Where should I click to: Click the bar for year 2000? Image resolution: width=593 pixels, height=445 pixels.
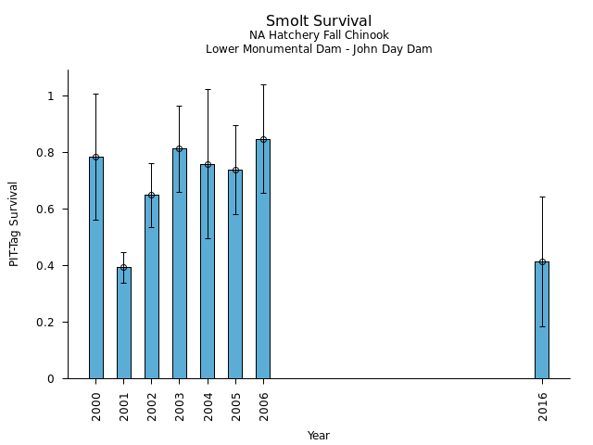pyautogui.click(x=95, y=268)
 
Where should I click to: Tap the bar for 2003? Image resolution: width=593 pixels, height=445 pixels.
pyautogui.click(x=179, y=263)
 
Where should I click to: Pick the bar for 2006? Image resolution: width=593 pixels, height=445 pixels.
pyautogui.click(x=263, y=259)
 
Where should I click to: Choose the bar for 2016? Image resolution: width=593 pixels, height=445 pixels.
pyautogui.click(x=542, y=320)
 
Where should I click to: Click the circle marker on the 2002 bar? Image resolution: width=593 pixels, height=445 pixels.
pyautogui.click(x=151, y=195)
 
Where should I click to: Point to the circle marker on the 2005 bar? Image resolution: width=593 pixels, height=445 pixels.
pyautogui.click(x=235, y=170)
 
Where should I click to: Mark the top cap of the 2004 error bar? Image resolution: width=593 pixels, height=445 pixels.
pyautogui.click(x=207, y=90)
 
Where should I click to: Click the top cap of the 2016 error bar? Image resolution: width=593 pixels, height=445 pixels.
pyautogui.click(x=542, y=197)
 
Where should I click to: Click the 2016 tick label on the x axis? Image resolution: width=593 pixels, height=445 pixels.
pyautogui.click(x=542, y=406)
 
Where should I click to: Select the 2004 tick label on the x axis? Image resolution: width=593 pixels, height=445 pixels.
pyautogui.click(x=208, y=406)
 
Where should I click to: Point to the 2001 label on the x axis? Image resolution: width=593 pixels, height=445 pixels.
pyautogui.click(x=124, y=406)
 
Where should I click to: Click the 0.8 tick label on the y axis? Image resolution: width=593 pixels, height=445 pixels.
pyautogui.click(x=44, y=153)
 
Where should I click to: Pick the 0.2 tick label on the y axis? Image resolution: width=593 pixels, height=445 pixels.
pyautogui.click(x=44, y=323)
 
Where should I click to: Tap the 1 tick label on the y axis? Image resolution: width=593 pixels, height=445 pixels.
pyautogui.click(x=52, y=96)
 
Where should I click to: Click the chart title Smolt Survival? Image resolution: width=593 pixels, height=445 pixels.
pyautogui.click(x=319, y=21)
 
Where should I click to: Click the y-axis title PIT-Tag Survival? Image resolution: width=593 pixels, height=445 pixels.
pyautogui.click(x=15, y=223)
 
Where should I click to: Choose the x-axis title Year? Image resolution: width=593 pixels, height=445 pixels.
pyautogui.click(x=319, y=436)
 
